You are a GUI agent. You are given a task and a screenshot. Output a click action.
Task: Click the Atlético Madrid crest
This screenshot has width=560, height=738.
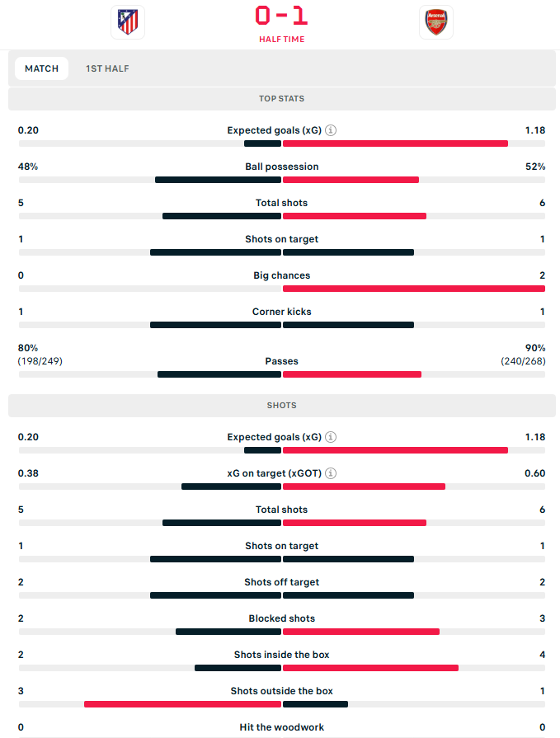127,22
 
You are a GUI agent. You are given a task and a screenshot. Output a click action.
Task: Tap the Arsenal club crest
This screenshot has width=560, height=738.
435,22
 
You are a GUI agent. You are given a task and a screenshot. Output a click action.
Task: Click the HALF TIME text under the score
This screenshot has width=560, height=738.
281,39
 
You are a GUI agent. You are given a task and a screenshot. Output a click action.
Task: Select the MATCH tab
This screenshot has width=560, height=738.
41,68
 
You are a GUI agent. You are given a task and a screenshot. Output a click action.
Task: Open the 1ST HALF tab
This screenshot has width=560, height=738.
107,68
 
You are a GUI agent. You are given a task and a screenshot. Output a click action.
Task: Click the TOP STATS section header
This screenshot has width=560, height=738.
281,99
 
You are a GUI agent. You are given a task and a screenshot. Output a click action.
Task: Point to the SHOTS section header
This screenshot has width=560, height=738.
281,406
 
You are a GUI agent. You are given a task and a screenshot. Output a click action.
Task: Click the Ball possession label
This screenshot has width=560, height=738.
281,167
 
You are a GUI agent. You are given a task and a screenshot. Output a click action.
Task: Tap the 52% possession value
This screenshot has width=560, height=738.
535,167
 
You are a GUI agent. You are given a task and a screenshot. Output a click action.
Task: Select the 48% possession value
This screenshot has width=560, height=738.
28,167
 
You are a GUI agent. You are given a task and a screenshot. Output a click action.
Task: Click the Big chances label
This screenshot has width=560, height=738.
281,275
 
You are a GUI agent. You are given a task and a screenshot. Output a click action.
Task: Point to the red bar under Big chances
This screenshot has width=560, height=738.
413,289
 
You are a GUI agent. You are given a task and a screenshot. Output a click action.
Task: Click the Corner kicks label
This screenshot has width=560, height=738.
281,312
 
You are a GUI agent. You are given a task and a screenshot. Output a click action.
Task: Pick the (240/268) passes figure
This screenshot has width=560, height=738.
523,361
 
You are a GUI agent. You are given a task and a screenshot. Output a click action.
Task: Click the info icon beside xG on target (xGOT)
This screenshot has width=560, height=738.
331,473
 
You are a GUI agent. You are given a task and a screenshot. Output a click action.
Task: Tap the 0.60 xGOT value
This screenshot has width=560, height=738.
534,473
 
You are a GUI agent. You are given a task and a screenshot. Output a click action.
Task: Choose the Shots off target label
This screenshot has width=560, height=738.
281,582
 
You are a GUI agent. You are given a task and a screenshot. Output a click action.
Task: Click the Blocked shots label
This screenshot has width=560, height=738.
281,618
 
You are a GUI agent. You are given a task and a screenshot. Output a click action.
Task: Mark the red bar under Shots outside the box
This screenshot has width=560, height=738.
182,704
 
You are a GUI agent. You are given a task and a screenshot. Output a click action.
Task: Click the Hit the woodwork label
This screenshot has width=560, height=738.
281,727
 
